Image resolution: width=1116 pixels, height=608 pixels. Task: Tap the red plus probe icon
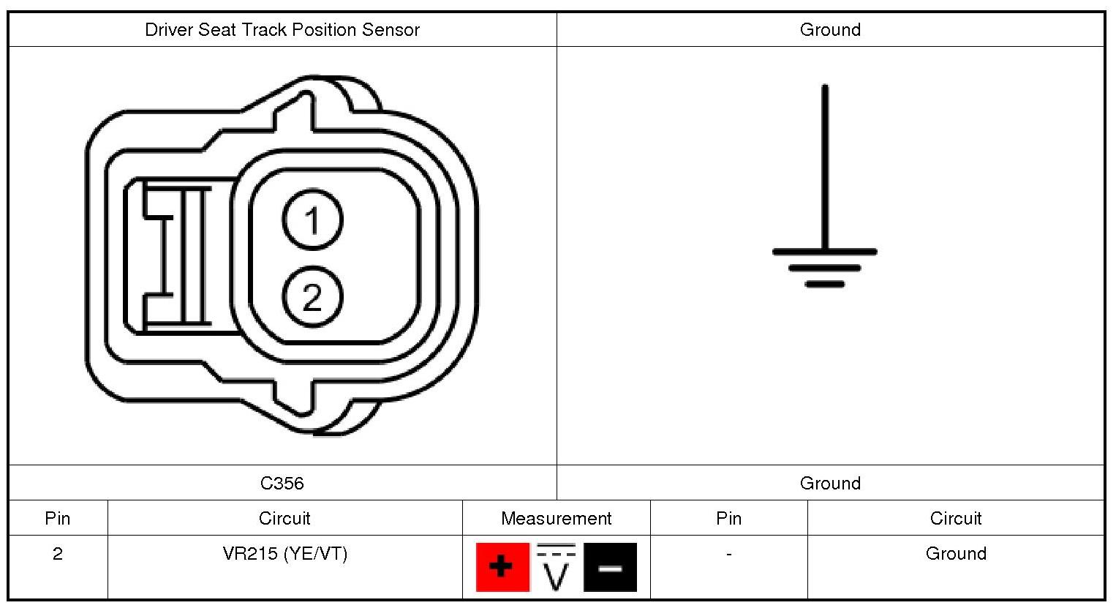[x=502, y=567]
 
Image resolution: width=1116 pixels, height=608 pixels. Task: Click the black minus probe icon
[x=610, y=567]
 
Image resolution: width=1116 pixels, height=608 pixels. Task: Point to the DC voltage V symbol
[x=556, y=567]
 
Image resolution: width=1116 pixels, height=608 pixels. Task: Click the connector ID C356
[x=282, y=483]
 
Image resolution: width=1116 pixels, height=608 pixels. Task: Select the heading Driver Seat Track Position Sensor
[x=282, y=29]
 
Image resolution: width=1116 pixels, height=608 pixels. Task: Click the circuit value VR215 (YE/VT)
[x=285, y=554]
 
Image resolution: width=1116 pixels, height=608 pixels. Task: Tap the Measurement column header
[x=556, y=518]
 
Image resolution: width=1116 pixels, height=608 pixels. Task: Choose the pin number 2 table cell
[x=57, y=554]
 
